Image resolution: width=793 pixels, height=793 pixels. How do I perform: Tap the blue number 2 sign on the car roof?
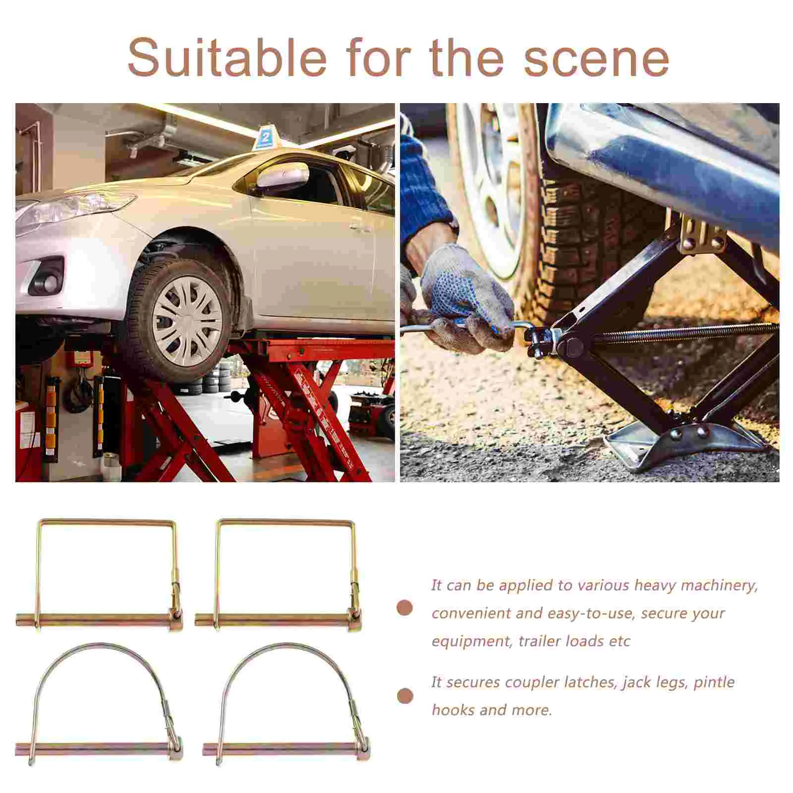click(265, 138)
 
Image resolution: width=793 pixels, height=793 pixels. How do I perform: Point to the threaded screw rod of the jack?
click(684, 332)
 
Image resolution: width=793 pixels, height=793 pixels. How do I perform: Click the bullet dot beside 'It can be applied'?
click(405, 608)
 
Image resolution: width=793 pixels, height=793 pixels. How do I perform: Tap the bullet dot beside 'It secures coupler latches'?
click(405, 696)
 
